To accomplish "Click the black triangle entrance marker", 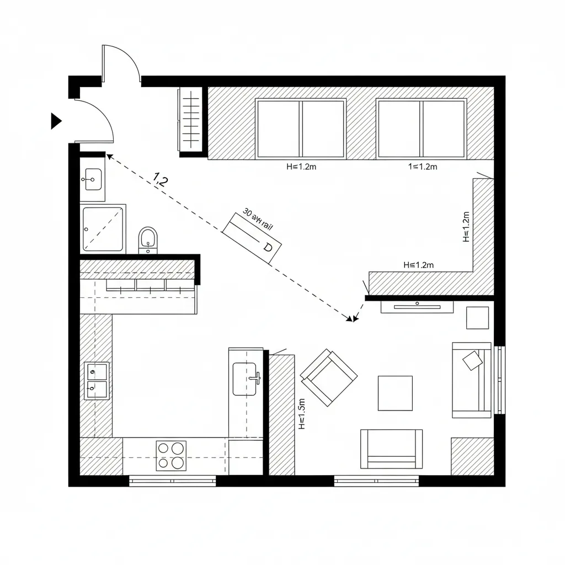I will coord(56,121).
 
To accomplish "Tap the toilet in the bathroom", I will coord(148,239).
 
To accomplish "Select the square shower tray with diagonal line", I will coord(103,228).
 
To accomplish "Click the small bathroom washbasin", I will coord(93,179).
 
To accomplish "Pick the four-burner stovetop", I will coord(171,455).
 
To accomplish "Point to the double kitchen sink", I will coord(97,381).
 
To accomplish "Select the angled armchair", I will coord(328,376).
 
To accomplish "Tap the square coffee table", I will coord(395,393).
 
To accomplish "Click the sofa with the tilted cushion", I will coord(472,380).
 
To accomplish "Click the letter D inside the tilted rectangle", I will coord(268,247).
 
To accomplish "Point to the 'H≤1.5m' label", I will coord(302,414).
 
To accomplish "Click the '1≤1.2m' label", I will coord(422,167).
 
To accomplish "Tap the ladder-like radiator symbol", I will coord(189,119).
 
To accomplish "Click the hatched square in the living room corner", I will coord(472,456).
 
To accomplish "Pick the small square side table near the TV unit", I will coord(477,318).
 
